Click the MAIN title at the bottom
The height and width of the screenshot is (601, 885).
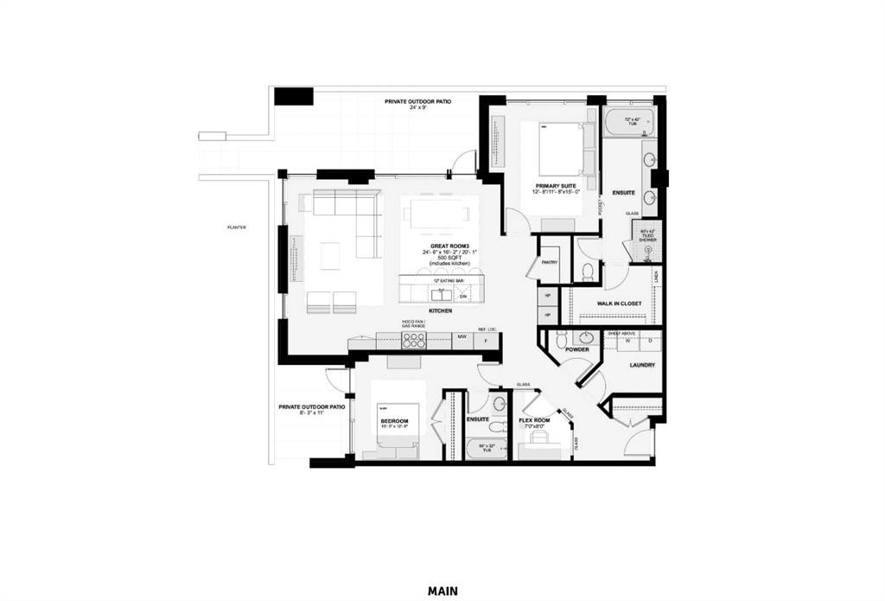(442, 591)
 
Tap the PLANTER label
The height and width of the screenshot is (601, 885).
(237, 227)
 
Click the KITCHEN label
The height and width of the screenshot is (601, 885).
(442, 310)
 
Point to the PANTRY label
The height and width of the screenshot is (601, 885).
(549, 262)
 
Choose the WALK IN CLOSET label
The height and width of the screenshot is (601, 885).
(619, 304)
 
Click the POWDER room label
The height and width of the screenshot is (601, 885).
(577, 349)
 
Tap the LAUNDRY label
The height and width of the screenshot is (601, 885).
(642, 365)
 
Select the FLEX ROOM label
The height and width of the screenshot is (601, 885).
(536, 420)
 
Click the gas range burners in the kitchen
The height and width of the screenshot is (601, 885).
(413, 340)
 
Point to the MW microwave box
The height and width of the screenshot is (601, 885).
(462, 336)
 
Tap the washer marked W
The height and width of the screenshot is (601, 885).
(627, 341)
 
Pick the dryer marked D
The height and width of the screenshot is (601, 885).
(649, 341)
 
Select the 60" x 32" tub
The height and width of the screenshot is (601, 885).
(485, 449)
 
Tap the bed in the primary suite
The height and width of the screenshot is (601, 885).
(561, 149)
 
